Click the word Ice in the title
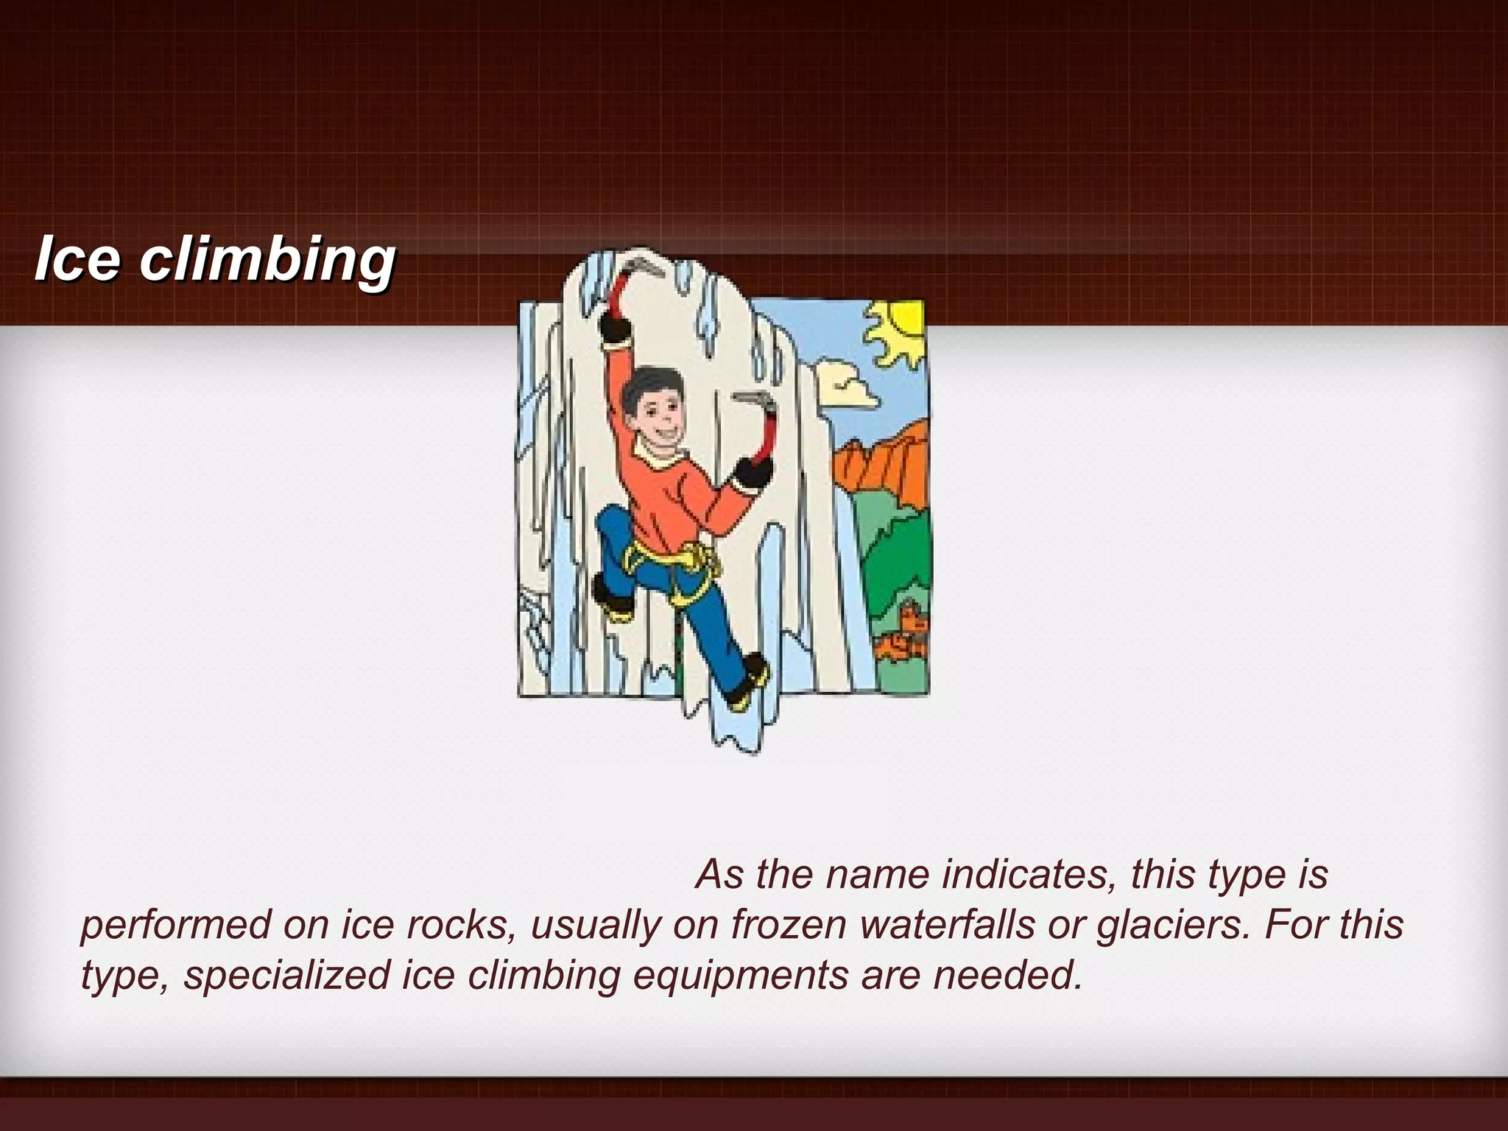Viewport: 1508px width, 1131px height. pos(77,259)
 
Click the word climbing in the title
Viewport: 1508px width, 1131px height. pos(267,262)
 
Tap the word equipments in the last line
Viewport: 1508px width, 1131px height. pos(740,976)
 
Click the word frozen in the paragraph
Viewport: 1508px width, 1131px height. pos(788,925)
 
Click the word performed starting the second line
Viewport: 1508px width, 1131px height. pos(176,925)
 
